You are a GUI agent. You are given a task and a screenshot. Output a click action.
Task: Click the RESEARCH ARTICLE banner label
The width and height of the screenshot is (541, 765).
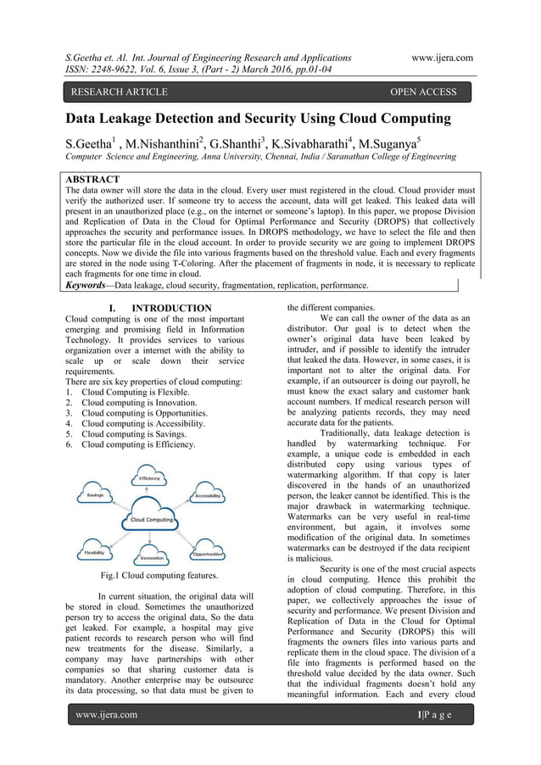[x=119, y=92]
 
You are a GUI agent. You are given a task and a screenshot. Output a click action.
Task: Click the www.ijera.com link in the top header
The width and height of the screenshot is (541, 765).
[x=441, y=58]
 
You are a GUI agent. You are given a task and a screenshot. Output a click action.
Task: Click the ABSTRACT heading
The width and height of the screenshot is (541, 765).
[x=98, y=180]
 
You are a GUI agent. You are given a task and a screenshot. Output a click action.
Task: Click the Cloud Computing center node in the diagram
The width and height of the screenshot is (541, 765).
[x=150, y=519]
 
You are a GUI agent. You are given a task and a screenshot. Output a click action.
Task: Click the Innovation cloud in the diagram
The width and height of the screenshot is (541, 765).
[x=152, y=557]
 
